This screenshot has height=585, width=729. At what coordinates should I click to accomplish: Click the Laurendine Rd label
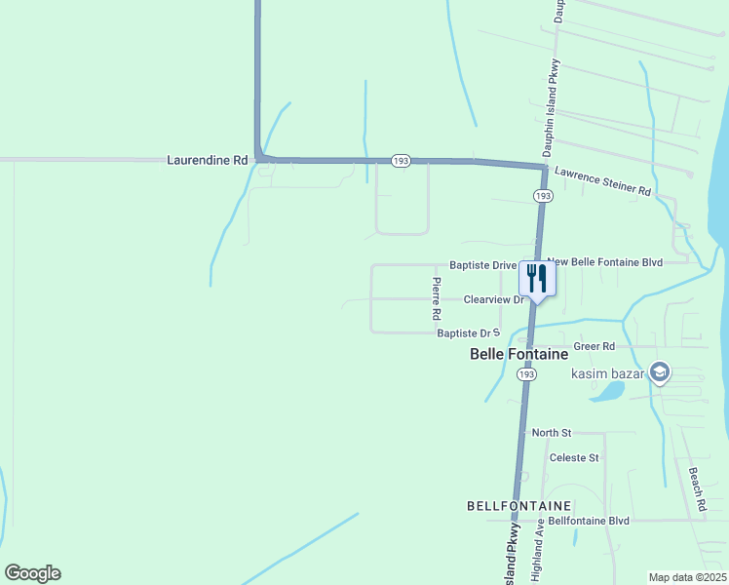coord(208,159)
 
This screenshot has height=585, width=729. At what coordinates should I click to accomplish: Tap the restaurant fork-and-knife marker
coord(536,278)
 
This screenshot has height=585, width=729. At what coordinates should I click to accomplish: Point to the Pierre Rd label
coord(437,299)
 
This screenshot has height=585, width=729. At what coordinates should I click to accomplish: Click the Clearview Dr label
coord(494,299)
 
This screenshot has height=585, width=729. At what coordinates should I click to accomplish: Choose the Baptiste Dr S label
coord(468,333)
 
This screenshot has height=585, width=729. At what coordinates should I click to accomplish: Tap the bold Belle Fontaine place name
coord(518,355)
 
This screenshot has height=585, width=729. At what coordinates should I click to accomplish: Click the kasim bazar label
coord(609,374)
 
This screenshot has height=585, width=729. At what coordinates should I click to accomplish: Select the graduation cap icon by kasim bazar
coord(660,372)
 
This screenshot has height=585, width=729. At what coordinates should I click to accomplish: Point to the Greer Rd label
coord(595,346)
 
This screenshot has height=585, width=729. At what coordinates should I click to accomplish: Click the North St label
coord(552,432)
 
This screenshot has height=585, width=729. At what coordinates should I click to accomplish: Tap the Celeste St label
coord(574,457)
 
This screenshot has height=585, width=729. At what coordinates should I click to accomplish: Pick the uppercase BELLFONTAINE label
coord(518,506)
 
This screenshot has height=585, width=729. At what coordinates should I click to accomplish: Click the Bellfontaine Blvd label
coord(589,521)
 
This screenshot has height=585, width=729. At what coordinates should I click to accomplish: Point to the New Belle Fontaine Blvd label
coord(618,262)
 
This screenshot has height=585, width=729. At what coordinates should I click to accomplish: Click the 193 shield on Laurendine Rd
coord(400,160)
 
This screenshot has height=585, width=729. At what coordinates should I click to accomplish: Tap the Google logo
coord(32,573)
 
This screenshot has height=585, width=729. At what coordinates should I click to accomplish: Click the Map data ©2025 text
coord(687,577)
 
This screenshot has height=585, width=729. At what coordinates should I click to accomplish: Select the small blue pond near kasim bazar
coord(607,391)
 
